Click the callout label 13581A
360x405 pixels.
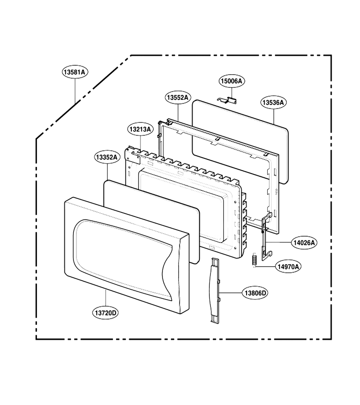pyautogui.click(x=75, y=72)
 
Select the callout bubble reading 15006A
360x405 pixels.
pyautogui.click(x=232, y=81)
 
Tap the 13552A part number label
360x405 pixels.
pyautogui.click(x=178, y=98)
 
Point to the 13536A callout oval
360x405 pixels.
pyautogui.click(x=273, y=103)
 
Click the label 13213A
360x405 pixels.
pyautogui.click(x=140, y=129)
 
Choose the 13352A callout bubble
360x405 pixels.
pyautogui.click(x=107, y=157)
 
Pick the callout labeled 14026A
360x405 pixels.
pyautogui.click(x=304, y=243)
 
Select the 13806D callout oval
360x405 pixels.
pyautogui.click(x=256, y=293)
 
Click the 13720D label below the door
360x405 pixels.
pyautogui.click(x=106, y=313)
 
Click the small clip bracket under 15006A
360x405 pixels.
pyautogui.click(x=227, y=100)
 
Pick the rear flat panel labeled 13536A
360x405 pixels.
pyautogui.click(x=240, y=142)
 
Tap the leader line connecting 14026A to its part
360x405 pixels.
pyautogui.click(x=279, y=243)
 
